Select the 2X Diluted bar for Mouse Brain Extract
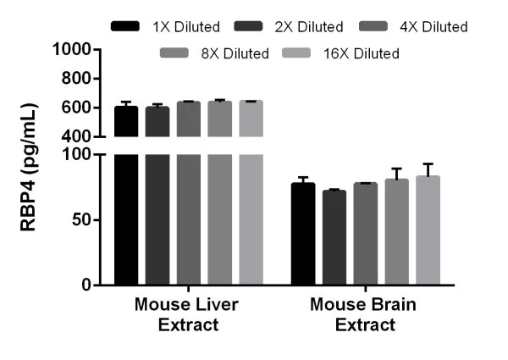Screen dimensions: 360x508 [x=334, y=238]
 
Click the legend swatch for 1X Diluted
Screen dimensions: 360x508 [x=125, y=27]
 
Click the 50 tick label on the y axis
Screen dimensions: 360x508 [x=81, y=220]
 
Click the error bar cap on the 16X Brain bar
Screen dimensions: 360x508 [x=428, y=164]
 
